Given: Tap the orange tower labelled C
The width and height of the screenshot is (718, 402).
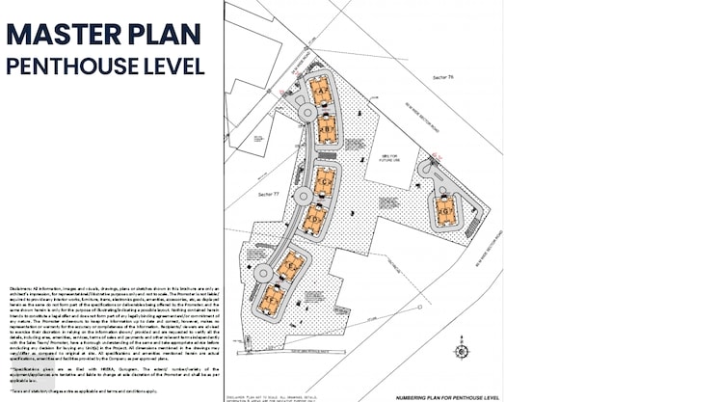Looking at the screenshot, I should click(x=325, y=180).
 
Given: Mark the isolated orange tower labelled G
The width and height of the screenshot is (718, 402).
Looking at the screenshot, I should click(x=446, y=209).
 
